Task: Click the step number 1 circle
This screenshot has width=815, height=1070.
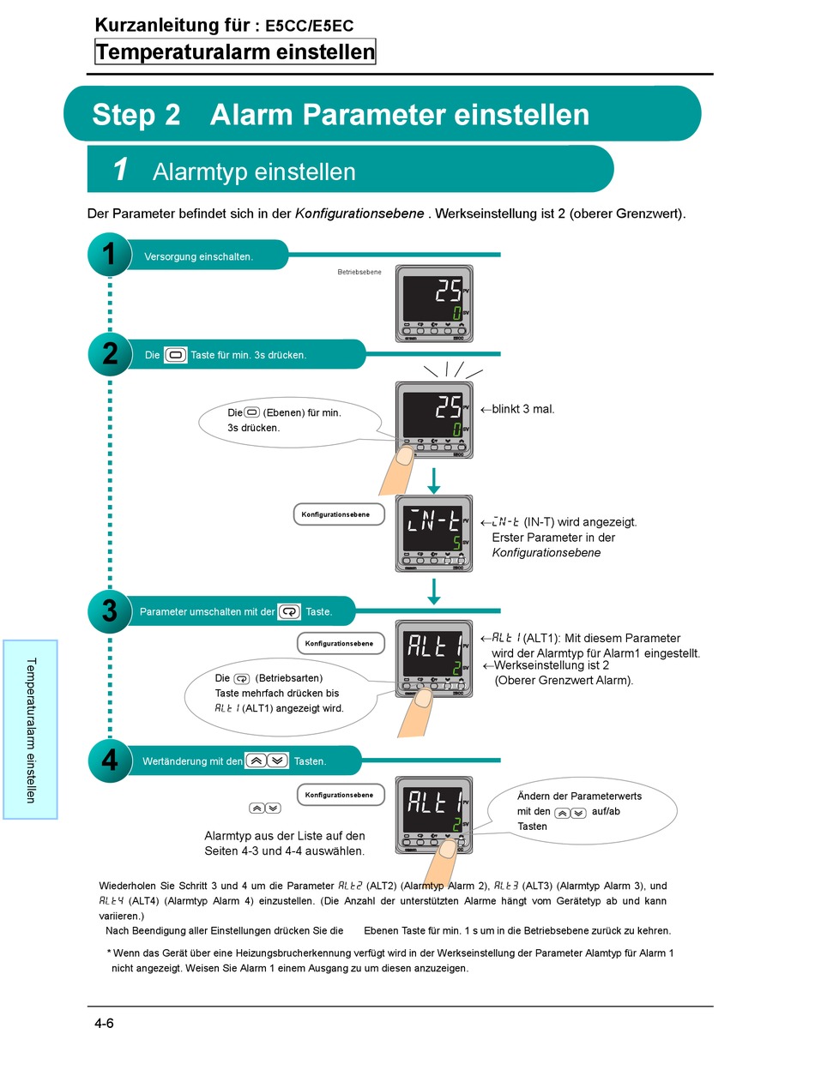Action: (x=109, y=255)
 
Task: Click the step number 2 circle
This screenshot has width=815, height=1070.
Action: (x=109, y=353)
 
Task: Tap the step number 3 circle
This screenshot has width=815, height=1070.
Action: (x=109, y=610)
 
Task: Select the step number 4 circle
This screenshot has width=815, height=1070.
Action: (x=109, y=760)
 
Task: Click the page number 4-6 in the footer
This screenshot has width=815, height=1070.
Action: (x=105, y=1024)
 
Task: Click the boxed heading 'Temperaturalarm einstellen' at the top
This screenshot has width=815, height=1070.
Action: (x=235, y=52)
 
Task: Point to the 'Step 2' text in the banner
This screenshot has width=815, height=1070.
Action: (x=136, y=114)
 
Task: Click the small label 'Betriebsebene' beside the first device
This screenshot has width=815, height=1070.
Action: (x=359, y=273)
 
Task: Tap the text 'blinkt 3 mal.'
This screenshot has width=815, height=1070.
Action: (x=522, y=409)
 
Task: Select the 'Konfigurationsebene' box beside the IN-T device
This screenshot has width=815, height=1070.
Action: (x=339, y=514)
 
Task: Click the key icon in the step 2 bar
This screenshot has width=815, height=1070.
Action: (x=175, y=354)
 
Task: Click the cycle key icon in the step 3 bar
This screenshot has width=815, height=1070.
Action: (x=290, y=611)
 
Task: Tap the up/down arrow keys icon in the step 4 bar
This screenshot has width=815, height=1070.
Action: (x=266, y=760)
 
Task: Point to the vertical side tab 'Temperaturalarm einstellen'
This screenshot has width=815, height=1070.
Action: (x=30, y=729)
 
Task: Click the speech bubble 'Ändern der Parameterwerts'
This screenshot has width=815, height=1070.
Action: (x=583, y=810)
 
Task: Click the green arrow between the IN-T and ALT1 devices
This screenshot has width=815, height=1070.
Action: (x=434, y=592)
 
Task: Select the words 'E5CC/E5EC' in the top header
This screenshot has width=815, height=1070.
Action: (x=309, y=27)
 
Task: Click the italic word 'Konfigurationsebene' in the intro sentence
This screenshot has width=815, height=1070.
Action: (x=359, y=213)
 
